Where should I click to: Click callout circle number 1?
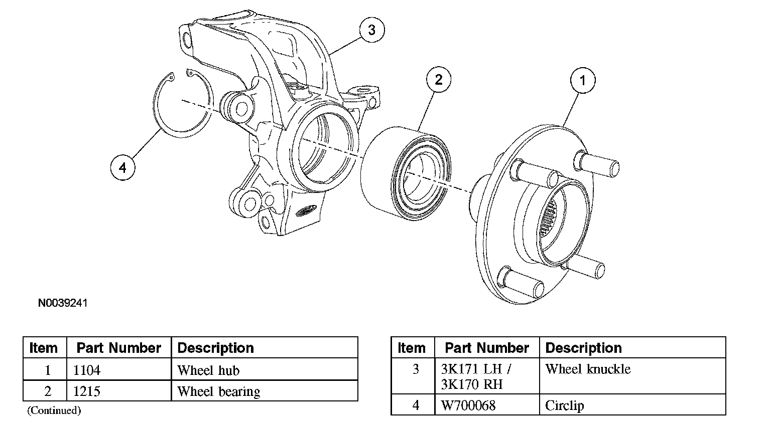(x=583, y=80)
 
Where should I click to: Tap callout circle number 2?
(x=439, y=79)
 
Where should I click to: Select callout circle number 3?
(x=372, y=30)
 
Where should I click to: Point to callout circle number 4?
(x=123, y=168)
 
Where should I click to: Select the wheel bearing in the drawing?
(x=406, y=173)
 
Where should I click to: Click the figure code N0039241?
(x=63, y=303)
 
